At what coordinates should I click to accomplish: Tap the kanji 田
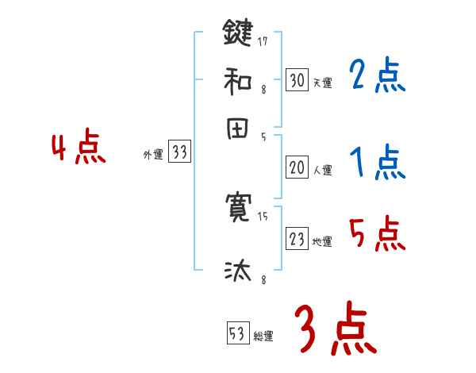[238, 129]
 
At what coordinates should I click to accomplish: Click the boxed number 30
[297, 79]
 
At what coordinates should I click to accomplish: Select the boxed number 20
[297, 167]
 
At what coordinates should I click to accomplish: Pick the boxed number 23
[297, 240]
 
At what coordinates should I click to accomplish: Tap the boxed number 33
[179, 152]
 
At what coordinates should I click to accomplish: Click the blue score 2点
[377, 75]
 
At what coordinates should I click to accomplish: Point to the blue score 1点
[377, 163]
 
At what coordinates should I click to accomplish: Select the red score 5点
[377, 235]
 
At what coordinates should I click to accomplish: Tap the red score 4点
[78, 148]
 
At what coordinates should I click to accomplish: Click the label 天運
[322, 82]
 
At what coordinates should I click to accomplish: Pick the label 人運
[322, 169]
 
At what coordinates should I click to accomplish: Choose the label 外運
[152, 155]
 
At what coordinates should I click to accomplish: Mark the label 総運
[263, 336]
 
